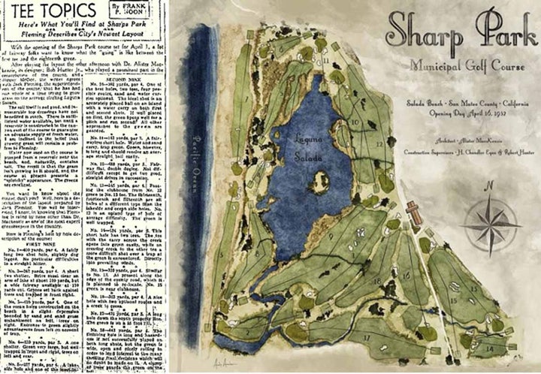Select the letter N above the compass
[488, 185]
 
